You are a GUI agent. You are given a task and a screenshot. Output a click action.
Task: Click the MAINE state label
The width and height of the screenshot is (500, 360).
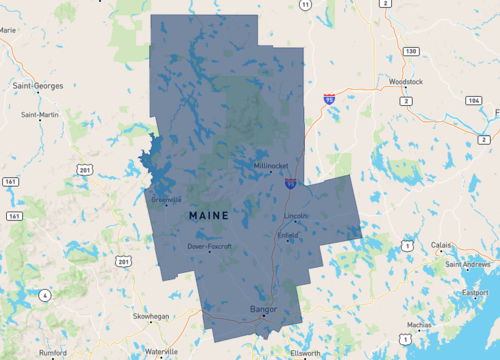(208, 215)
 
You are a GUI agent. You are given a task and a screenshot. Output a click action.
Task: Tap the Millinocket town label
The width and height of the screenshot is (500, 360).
(270, 165)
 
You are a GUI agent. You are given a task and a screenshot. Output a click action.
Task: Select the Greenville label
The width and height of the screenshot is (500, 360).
(165, 199)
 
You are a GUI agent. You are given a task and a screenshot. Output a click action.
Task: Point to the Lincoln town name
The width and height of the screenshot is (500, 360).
(296, 215)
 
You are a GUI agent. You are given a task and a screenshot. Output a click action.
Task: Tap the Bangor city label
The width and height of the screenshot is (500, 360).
(263, 309)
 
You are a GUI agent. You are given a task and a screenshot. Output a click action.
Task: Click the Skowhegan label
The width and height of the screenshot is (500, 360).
(150, 316)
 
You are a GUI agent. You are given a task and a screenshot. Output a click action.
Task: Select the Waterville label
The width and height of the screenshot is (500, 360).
(161, 352)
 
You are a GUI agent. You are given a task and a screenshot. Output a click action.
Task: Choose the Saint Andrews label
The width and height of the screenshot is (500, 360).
(466, 265)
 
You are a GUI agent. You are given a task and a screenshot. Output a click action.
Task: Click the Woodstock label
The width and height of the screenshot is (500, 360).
(407, 80)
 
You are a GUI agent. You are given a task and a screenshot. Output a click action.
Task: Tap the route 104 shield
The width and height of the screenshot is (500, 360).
(473, 101)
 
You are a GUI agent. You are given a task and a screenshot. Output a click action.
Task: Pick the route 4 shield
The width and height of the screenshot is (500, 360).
(44, 295)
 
